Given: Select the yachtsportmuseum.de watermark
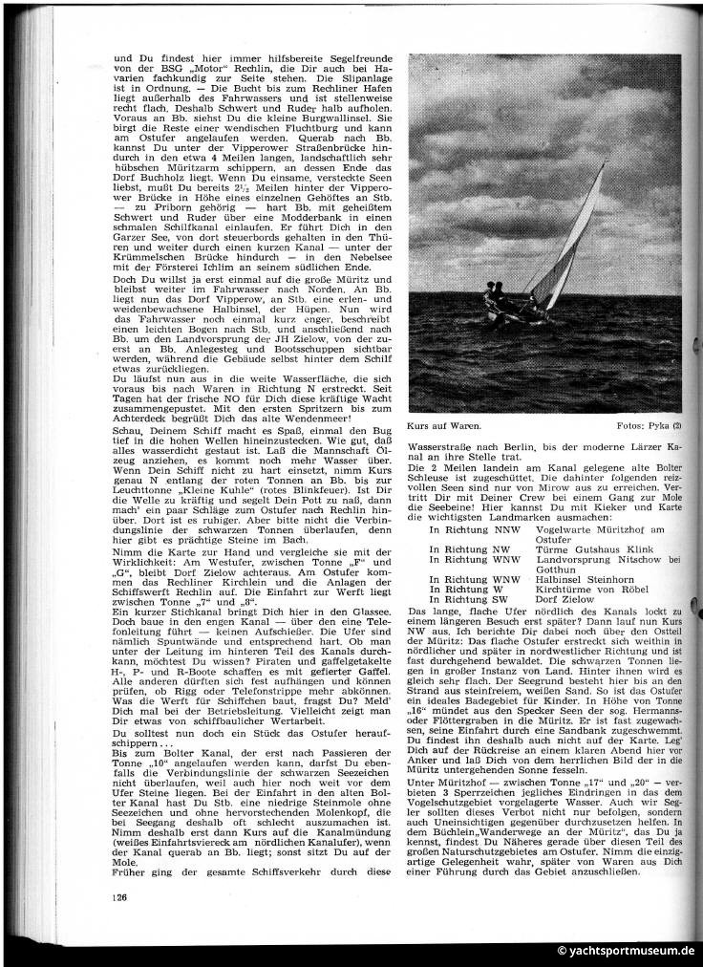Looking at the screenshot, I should [x=627, y=951].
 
